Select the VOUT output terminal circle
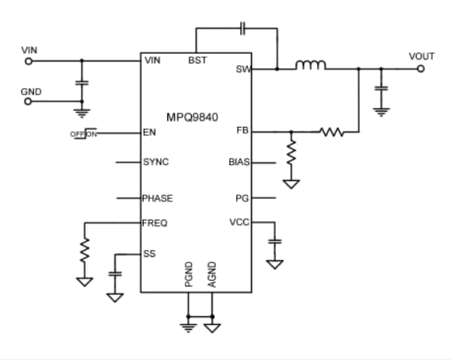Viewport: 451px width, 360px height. pos(420,68)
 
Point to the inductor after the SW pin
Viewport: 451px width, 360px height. pos(311,66)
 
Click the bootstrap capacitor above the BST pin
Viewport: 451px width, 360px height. pos(244,29)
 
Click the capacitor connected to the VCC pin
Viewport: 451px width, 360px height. pos(275,240)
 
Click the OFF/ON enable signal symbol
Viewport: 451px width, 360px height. pos(84,133)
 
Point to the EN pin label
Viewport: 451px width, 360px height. pos(149,132)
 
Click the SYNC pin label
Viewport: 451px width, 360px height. pos(155,162)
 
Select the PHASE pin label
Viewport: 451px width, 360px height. pos(157,198)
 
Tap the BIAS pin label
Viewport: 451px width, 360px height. pos(239,163)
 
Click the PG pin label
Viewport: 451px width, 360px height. pos(243,198)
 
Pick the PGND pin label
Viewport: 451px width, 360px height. pos(188,274)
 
